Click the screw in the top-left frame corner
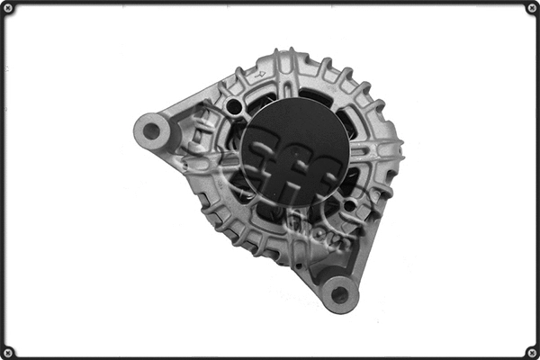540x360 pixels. coord(9,8)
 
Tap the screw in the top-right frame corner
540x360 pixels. coord(531,8)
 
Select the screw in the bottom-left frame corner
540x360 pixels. coord(9,352)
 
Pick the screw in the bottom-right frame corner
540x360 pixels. coord(531,352)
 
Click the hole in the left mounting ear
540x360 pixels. coord(151,131)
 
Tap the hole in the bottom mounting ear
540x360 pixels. coord(340,292)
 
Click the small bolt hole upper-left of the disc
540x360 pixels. coord(234,107)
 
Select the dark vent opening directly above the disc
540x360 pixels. coord(311,94)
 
